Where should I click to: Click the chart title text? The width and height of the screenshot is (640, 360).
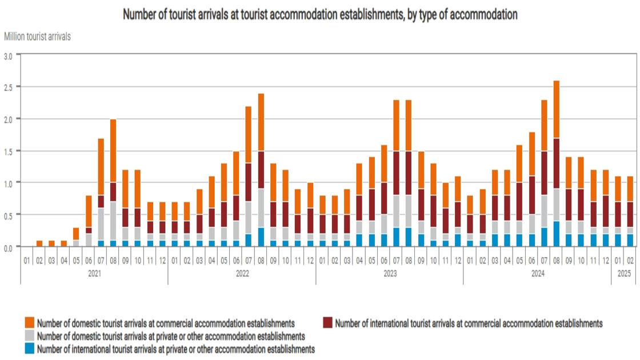[x=320, y=15]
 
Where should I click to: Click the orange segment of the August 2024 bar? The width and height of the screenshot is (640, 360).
[x=556, y=109]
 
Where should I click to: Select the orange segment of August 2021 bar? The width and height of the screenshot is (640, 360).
[x=113, y=150]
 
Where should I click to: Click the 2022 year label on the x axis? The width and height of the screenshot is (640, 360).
[x=242, y=273]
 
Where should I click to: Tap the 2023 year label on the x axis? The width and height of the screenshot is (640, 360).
[x=390, y=273]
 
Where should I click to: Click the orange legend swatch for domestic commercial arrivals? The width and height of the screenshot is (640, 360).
[x=29, y=323]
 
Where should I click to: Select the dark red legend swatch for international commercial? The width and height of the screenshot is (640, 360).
[x=328, y=323]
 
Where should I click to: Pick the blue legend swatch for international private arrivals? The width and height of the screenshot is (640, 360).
[x=29, y=349]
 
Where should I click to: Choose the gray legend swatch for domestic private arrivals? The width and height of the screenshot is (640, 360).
[x=29, y=336]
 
